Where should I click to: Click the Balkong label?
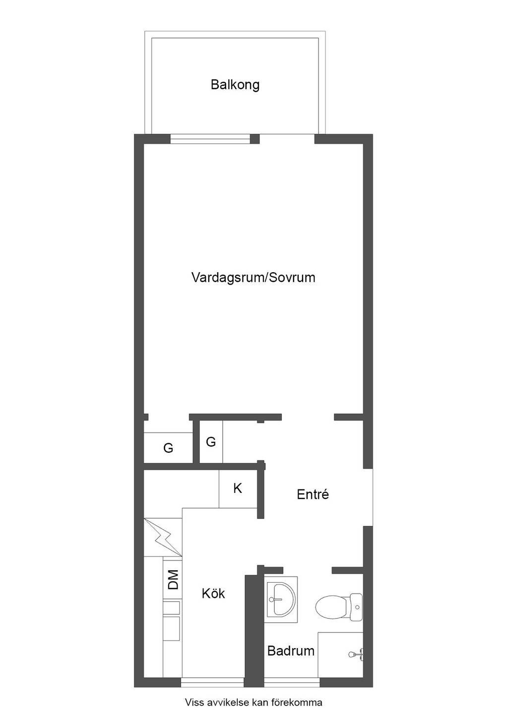click(235, 85)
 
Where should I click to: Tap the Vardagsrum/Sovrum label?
click(254, 278)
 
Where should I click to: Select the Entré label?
click(313, 494)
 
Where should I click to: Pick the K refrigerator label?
click(237, 488)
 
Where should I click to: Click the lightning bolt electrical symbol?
click(163, 537)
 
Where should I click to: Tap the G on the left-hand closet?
click(168, 448)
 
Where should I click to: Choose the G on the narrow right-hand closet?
click(211, 442)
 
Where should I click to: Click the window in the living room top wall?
click(210, 139)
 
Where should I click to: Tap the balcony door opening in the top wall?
click(287, 139)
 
